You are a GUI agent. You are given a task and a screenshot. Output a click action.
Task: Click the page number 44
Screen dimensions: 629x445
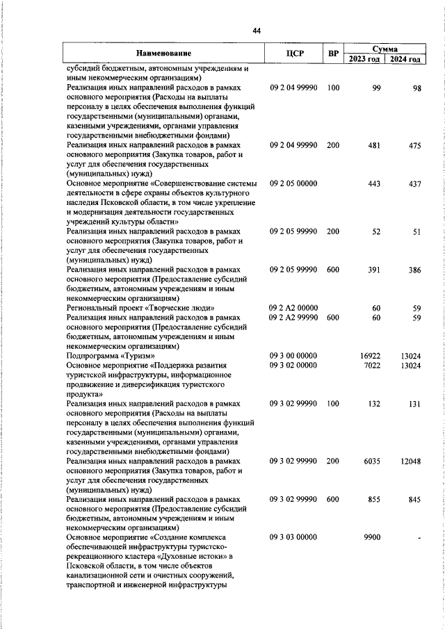(x=257, y=31)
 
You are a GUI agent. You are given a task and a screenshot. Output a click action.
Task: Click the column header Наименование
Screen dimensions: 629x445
(x=163, y=54)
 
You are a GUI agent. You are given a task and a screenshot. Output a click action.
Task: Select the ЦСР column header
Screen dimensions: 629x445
(x=293, y=54)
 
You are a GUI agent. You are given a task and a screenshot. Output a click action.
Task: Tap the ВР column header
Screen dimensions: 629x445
(x=333, y=54)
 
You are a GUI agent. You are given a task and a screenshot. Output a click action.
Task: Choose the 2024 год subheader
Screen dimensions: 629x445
(x=405, y=59)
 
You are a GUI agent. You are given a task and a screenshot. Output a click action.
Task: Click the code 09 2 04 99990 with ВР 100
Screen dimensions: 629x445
(x=293, y=88)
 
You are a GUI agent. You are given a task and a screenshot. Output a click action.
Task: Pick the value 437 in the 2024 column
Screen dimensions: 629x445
(x=415, y=183)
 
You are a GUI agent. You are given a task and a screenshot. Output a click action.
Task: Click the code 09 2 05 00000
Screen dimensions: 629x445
(x=293, y=183)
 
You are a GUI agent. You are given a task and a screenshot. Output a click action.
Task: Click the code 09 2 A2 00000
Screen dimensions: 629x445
(x=293, y=307)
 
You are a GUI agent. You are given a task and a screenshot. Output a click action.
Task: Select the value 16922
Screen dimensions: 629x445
(x=371, y=356)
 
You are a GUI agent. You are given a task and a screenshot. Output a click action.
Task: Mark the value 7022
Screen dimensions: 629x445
(x=372, y=366)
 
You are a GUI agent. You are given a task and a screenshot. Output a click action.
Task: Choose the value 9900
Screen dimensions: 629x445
(x=372, y=537)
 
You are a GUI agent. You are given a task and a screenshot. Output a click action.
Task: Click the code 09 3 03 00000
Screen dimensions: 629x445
(x=293, y=537)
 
